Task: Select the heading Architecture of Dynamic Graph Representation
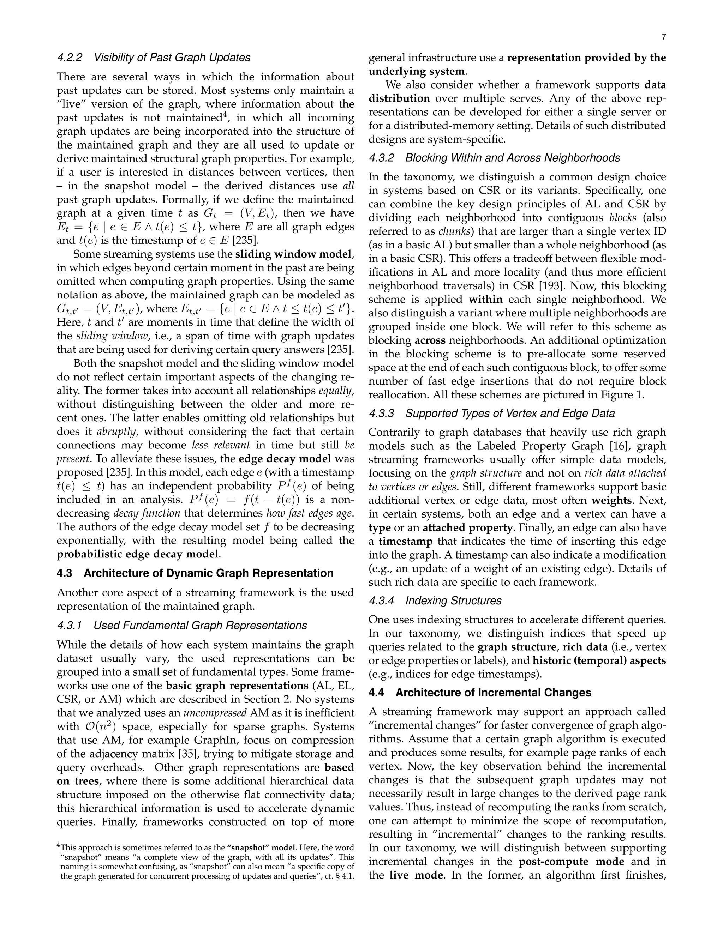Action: click(x=208, y=573)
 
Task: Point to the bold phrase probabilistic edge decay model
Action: click(x=138, y=554)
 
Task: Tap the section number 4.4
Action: click(x=377, y=693)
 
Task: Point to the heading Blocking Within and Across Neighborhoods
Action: click(x=512, y=158)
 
